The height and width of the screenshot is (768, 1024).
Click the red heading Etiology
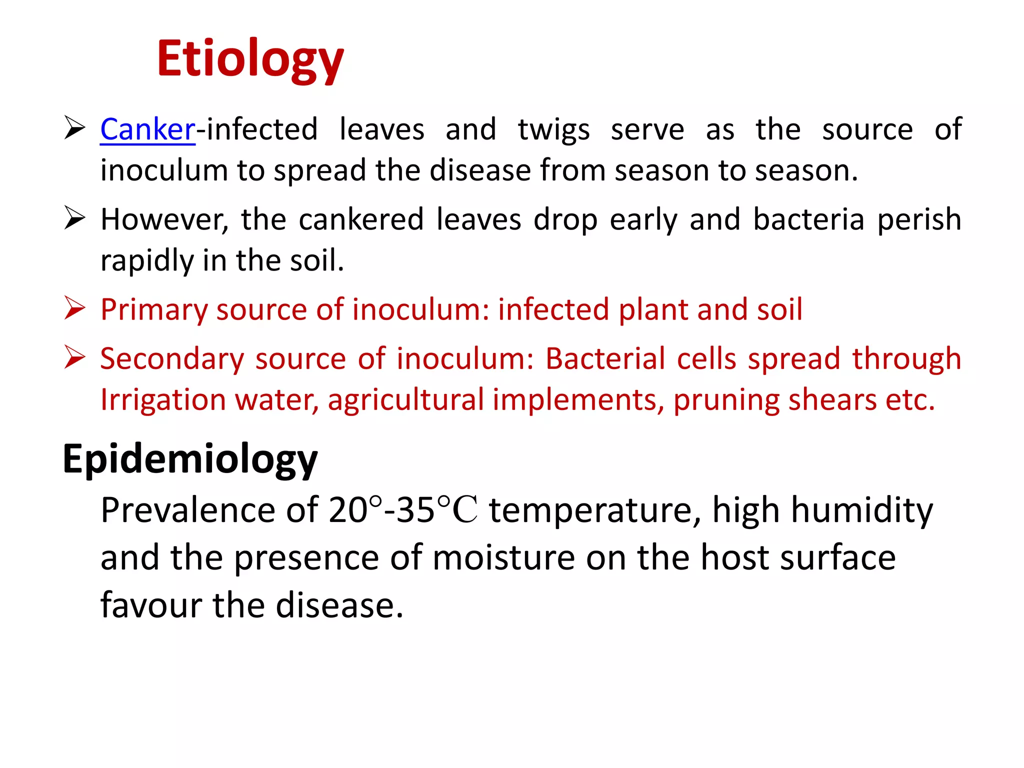tap(250, 59)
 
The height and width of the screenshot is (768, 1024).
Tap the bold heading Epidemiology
tap(190, 459)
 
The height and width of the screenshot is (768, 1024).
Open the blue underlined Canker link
tap(147, 129)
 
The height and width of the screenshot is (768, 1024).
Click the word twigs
tap(553, 130)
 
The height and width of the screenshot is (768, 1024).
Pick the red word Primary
tap(154, 310)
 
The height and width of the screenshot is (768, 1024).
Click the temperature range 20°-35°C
tap(403, 510)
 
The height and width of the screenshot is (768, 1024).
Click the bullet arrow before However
tap(75, 218)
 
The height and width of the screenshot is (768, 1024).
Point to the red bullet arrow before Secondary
tap(75, 357)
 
